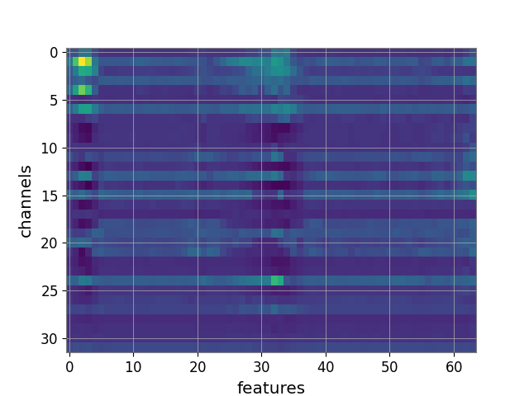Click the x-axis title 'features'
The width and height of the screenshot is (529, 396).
click(x=271, y=388)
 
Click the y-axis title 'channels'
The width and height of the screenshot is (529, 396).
click(x=26, y=201)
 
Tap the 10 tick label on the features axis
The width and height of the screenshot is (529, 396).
click(x=133, y=366)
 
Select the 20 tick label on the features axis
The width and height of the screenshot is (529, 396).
click(x=198, y=366)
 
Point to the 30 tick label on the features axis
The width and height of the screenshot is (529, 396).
click(x=261, y=366)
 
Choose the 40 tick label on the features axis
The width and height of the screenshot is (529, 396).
click(x=326, y=366)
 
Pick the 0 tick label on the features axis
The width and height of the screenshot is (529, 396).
click(x=69, y=366)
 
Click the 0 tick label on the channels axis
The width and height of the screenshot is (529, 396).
click(x=54, y=53)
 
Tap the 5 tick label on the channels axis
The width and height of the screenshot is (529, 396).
click(x=54, y=101)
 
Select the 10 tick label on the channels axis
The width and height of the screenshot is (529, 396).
click(x=50, y=148)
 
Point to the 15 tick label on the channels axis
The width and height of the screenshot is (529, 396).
click(x=50, y=196)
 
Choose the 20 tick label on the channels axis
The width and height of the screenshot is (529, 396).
click(x=50, y=243)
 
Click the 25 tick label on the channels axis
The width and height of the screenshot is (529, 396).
click(x=50, y=291)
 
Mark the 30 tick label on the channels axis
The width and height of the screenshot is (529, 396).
click(x=50, y=339)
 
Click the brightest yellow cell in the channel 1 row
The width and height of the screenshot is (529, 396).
click(x=82, y=62)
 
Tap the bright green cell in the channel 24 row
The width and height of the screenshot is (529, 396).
click(x=277, y=280)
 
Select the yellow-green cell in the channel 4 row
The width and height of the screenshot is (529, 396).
click(x=82, y=90)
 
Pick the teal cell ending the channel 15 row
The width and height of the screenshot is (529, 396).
click(x=473, y=195)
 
